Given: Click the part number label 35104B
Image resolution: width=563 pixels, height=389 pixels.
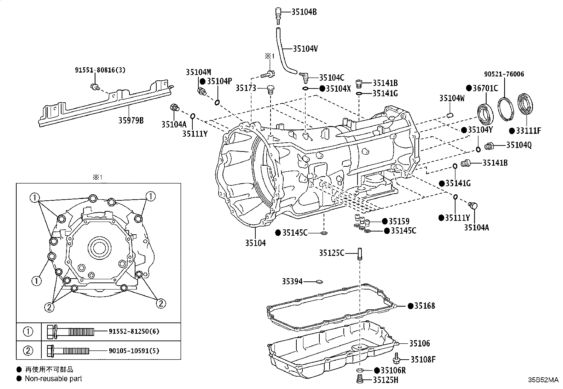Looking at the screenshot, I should pyautogui.click(x=304, y=12).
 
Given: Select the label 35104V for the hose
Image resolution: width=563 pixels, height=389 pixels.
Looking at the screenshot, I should pyautogui.click(x=306, y=49).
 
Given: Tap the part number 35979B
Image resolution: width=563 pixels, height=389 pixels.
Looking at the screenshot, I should pyautogui.click(x=131, y=120).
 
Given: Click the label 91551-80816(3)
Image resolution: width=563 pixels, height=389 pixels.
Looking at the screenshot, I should pyautogui.click(x=100, y=70).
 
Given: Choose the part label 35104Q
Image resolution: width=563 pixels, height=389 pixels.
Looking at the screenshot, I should pyautogui.click(x=519, y=145).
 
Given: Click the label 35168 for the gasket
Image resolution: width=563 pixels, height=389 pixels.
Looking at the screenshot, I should pyautogui.click(x=425, y=306).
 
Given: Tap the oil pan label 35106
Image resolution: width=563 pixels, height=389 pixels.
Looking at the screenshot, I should pyautogui.click(x=420, y=343).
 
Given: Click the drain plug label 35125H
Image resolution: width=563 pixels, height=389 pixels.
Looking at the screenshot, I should pyautogui.click(x=385, y=380).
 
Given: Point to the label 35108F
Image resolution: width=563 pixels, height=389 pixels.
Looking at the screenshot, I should pyautogui.click(x=423, y=360).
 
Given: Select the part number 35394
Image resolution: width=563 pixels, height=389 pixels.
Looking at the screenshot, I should pyautogui.click(x=292, y=281).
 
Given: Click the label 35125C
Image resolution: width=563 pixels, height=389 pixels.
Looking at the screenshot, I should pyautogui.click(x=331, y=253).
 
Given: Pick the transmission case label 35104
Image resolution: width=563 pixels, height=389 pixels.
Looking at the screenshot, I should pyautogui.click(x=255, y=243).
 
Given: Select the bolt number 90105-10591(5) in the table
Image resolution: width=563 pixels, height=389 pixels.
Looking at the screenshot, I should pyautogui.click(x=134, y=351).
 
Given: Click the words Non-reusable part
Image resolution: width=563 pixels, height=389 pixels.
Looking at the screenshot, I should pyautogui.click(x=53, y=378).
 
